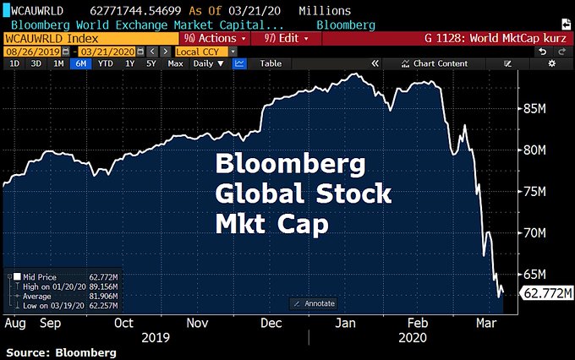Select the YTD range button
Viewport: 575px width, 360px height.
pyautogui.click(x=105, y=63)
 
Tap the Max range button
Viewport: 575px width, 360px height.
pyautogui.click(x=176, y=63)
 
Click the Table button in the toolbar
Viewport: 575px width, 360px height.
pyautogui.click(x=271, y=63)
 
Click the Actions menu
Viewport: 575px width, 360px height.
pyautogui.click(x=216, y=39)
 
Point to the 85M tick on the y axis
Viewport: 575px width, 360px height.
pyautogui.click(x=541, y=109)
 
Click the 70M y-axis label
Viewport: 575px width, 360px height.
pyautogui.click(x=541, y=232)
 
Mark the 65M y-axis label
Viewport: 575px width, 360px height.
pyautogui.click(x=541, y=275)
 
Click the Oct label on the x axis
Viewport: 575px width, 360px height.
pyautogui.click(x=123, y=323)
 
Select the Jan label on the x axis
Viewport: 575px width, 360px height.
pyautogui.click(x=347, y=323)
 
